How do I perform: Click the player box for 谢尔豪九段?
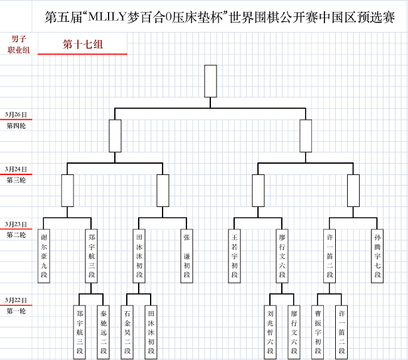tap(44, 256)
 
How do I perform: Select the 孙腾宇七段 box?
tap(377, 256)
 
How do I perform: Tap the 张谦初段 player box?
tap(186, 256)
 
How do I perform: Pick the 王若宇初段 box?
tap(234, 256)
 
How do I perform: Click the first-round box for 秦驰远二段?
tap(104, 332)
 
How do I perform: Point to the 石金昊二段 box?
tap(127, 332)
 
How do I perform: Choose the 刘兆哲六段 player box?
tap(270, 332)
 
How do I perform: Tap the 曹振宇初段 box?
tap(318, 332)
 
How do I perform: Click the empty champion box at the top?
tap(210, 81)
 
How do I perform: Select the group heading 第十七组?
tap(83, 45)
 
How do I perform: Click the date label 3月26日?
tap(16, 115)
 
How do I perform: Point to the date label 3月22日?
tap(16, 300)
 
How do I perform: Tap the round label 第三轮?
tap(16, 180)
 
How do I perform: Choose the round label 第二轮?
tap(16, 235)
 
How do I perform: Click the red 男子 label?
tap(19, 39)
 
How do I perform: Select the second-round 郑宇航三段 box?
tap(92, 256)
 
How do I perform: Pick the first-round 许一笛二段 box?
tap(341, 332)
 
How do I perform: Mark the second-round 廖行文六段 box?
tap(282, 256)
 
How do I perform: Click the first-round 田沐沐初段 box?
tap(151, 332)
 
